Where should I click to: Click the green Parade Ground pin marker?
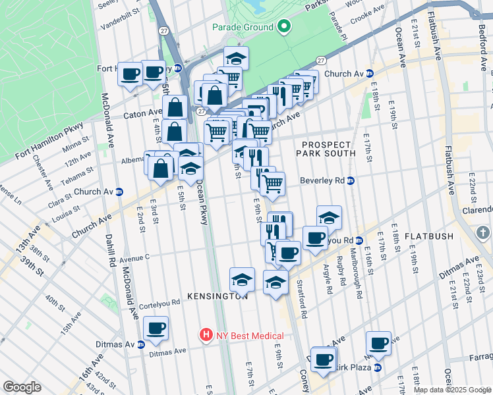pos(284,27)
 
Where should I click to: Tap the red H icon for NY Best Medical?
pos(207,335)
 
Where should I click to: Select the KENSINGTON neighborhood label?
pos(217,296)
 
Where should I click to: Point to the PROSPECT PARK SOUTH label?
pos(329,149)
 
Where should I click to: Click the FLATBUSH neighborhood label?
pos(429,236)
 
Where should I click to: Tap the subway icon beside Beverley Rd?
pos(351,180)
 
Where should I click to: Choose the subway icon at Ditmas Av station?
pos(140,344)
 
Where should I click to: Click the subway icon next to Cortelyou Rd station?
pos(361,240)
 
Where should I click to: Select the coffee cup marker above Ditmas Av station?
pos(156,328)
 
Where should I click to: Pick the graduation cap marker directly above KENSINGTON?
pos(242,280)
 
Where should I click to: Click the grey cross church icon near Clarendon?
pos(482,233)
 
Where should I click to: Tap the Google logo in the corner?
pos(21,387)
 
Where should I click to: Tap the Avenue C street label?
pos(135,258)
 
